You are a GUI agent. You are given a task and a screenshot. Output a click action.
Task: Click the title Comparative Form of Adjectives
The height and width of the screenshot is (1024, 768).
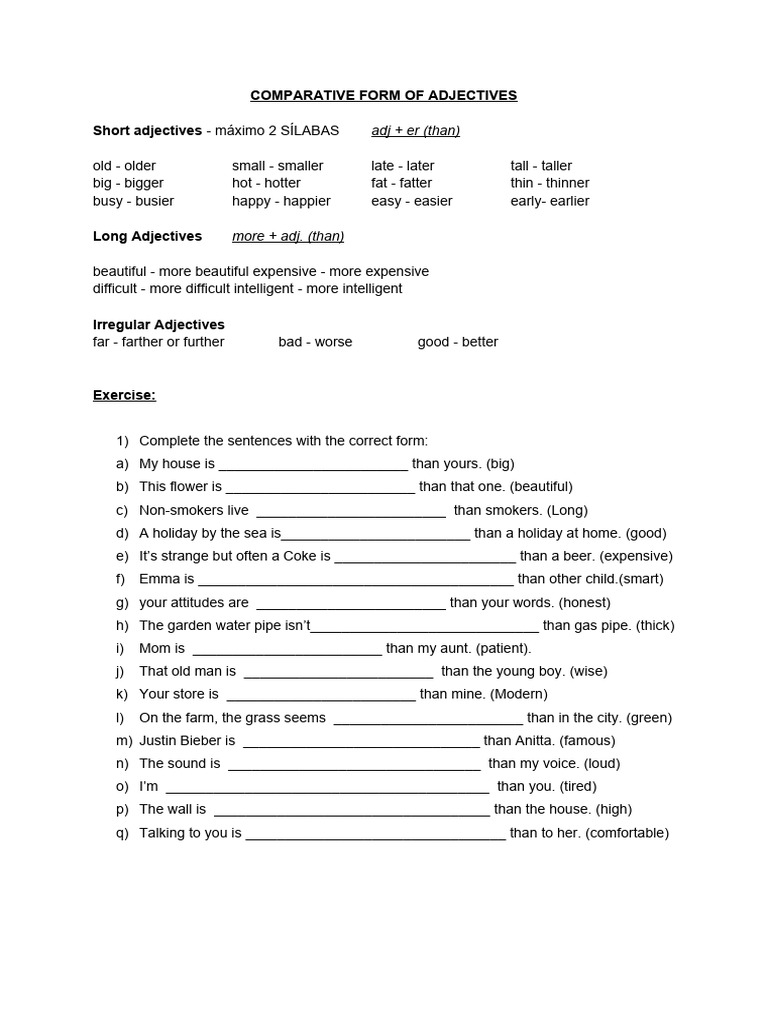(383, 95)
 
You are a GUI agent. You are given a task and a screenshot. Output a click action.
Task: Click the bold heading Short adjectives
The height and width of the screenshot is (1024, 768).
(147, 130)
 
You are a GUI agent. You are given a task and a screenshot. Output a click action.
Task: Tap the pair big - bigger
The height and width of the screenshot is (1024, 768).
(128, 183)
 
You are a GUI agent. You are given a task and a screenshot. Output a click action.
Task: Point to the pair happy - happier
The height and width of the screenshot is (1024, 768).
(281, 201)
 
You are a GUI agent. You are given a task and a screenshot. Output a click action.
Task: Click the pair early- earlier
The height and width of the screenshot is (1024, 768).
(550, 201)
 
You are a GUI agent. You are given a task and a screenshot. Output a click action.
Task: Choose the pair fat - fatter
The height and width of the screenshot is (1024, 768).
(402, 183)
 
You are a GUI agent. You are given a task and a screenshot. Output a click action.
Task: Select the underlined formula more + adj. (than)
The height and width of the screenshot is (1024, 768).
(288, 236)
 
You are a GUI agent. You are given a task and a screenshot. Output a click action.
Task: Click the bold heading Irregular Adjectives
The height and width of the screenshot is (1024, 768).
(159, 324)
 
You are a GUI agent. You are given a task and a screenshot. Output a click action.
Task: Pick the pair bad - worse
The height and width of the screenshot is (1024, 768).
(315, 342)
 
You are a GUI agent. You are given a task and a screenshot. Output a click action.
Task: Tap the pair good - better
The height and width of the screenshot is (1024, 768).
(458, 342)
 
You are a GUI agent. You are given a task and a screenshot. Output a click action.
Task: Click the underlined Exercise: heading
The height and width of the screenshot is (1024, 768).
(124, 395)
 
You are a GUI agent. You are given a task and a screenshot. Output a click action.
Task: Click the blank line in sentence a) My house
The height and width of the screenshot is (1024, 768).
(313, 466)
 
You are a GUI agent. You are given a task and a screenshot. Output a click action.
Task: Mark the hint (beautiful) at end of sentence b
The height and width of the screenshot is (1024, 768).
(541, 487)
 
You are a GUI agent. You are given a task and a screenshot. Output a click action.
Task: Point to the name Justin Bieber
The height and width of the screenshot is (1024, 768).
(187, 741)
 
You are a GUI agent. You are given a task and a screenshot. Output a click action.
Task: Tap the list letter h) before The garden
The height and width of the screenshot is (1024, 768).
(122, 626)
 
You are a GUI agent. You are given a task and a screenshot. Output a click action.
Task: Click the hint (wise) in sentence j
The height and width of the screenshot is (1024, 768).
(590, 672)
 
